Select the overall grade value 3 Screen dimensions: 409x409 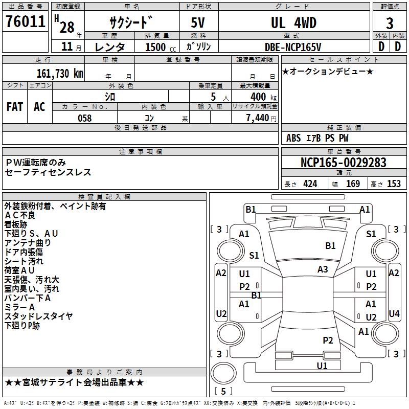(390, 23)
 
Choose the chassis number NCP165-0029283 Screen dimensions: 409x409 (343, 163)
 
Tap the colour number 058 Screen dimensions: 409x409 (84, 118)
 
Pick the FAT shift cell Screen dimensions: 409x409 (14, 106)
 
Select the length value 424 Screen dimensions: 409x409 (310, 184)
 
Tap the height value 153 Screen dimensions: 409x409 (393, 184)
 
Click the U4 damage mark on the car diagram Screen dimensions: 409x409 (394, 313)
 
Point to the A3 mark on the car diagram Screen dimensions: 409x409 (323, 269)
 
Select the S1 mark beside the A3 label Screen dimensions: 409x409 (254, 256)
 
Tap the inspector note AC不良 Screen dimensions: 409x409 (20, 215)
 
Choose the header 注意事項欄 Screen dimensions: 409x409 (140, 152)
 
